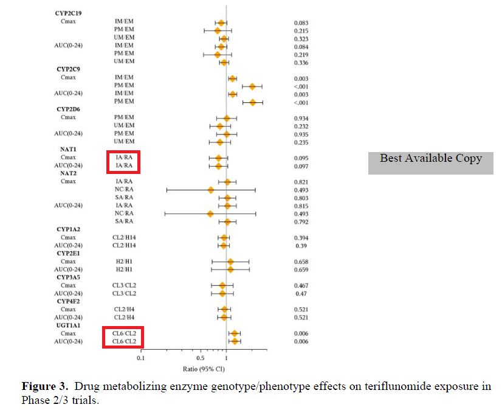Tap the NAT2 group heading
click(x=68, y=173)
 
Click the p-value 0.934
click(x=301, y=118)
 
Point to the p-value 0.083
click(x=301, y=23)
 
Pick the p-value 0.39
click(x=300, y=245)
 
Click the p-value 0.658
click(x=301, y=261)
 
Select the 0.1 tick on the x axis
click(x=140, y=358)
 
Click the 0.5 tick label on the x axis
click(x=200, y=358)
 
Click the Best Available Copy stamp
click(x=430, y=159)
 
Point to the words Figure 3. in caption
click(x=44, y=387)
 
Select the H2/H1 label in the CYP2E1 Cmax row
click(x=124, y=261)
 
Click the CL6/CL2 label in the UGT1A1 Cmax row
click(x=124, y=333)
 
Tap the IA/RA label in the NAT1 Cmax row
click(x=124, y=158)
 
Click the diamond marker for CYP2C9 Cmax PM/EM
click(x=252, y=86)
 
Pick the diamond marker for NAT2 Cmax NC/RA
click(x=211, y=190)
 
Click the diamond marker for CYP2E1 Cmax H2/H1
click(x=230, y=261)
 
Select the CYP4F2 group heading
click(x=68, y=301)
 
